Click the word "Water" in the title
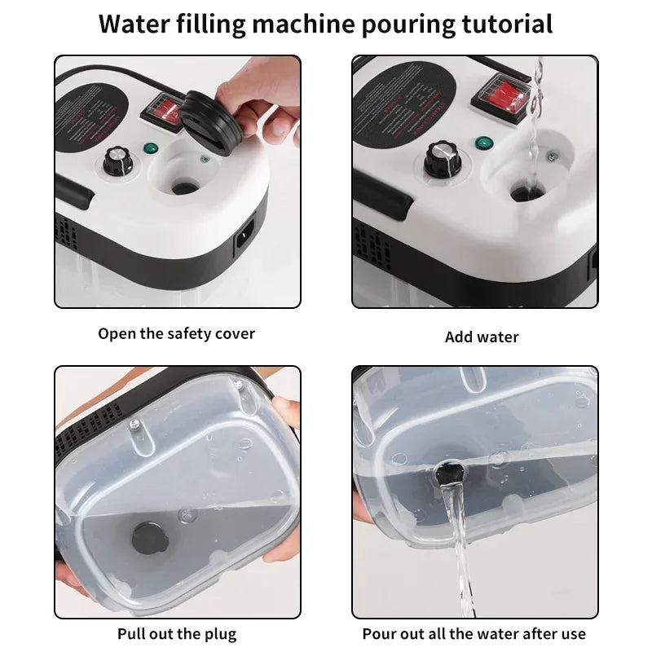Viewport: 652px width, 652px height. coord(133,24)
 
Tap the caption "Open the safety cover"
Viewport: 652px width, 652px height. coord(177,333)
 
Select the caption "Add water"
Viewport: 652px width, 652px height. coord(482,337)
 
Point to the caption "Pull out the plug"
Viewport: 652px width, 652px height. coord(177,633)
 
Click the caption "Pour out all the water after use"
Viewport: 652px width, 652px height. coord(474,633)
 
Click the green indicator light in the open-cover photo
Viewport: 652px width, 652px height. coord(150,149)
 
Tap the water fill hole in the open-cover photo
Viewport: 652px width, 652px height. coord(183,187)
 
